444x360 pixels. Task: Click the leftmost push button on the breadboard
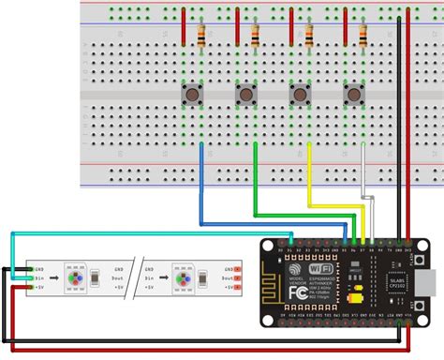(192, 96)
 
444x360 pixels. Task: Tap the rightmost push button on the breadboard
(354, 96)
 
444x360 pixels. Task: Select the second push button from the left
(245, 96)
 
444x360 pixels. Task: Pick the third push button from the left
(301, 96)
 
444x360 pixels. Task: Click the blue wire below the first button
(201, 187)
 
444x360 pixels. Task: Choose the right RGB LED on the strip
(179, 277)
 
